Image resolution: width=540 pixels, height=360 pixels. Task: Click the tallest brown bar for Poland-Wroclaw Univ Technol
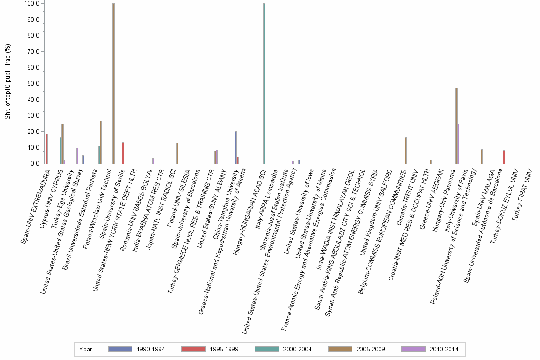point(113,83)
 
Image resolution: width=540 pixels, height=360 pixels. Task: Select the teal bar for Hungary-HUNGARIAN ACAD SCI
point(264,83)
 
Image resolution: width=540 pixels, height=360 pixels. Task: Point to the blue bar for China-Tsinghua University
point(235,148)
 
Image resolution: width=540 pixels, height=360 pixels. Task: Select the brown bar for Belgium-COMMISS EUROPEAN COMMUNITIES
point(406,150)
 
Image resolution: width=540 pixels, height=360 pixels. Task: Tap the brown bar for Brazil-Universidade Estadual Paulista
point(101,142)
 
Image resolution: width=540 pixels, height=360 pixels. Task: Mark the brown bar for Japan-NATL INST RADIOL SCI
point(177,153)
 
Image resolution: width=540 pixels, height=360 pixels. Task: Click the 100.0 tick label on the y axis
point(31,4)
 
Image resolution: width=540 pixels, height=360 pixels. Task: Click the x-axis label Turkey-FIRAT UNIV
point(521,195)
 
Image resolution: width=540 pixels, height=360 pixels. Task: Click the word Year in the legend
point(86,349)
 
